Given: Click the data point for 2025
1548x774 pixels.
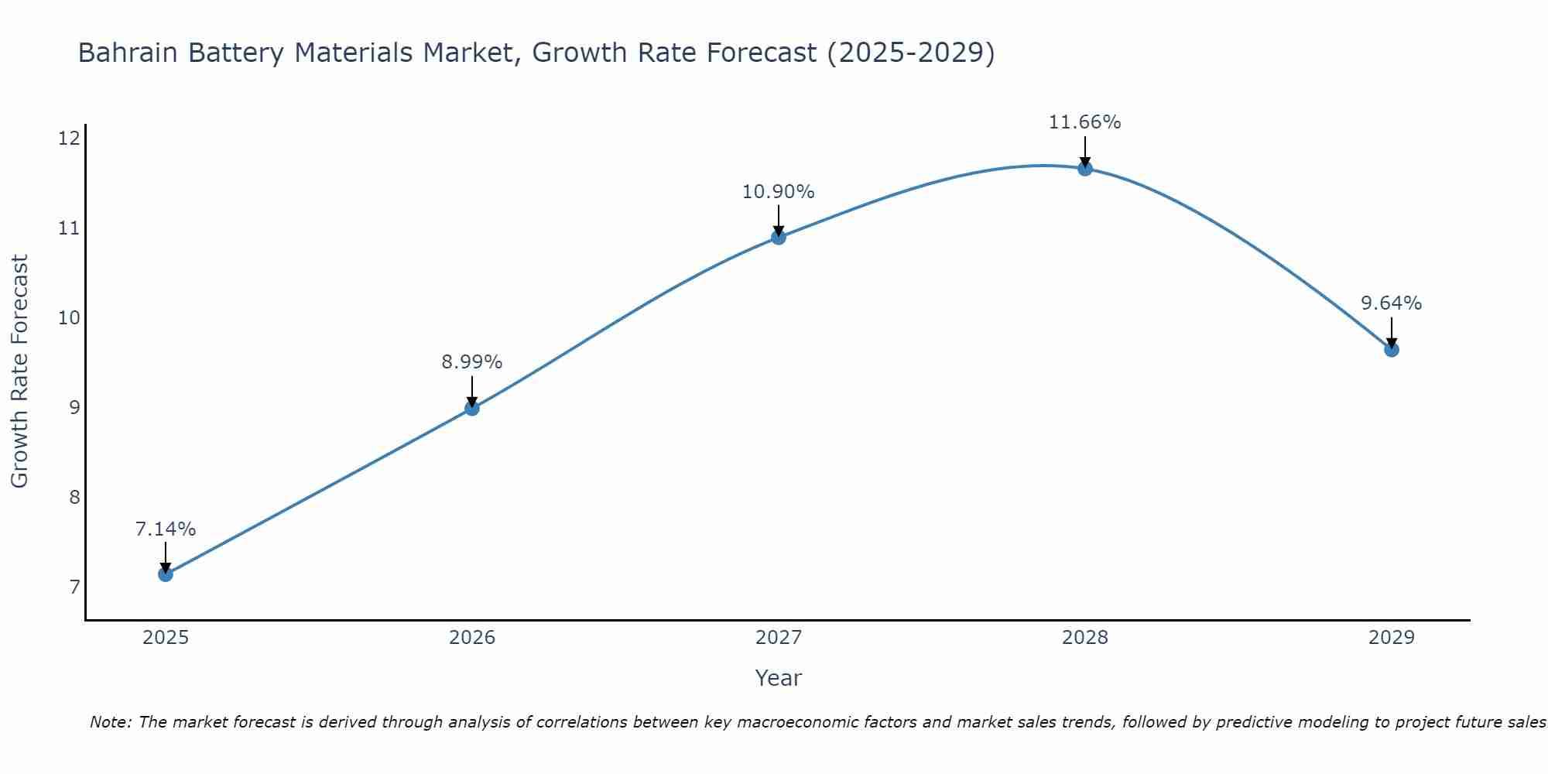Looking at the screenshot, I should coord(166,574).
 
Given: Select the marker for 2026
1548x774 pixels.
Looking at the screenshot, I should coord(472,408).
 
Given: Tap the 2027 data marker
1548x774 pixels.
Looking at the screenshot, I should coord(779,237).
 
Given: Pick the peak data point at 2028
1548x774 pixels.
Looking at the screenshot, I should coord(1085,168).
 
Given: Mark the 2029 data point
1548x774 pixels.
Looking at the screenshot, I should coord(1392,350).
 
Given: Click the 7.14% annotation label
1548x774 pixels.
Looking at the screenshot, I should coord(166,529).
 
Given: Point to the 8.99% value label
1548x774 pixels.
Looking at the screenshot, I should coord(472,362).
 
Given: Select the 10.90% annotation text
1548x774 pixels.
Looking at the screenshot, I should coord(779,192).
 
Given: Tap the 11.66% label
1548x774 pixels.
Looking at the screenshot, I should coord(1085,122).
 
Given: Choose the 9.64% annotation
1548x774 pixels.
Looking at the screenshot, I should coord(1392,303).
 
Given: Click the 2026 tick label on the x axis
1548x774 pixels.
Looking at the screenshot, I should coord(472,638).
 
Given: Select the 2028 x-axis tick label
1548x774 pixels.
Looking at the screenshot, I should coord(1085,638).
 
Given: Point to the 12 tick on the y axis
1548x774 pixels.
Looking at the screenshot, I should coord(69,139).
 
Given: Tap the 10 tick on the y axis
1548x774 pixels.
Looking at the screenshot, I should coord(69,318).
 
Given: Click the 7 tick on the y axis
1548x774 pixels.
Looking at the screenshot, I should coord(74,587).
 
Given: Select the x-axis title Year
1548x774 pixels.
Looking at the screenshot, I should coord(779,678).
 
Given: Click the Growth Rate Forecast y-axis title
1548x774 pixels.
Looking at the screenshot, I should coord(20,372).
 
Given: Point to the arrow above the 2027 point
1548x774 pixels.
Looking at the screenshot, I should coord(779,220).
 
